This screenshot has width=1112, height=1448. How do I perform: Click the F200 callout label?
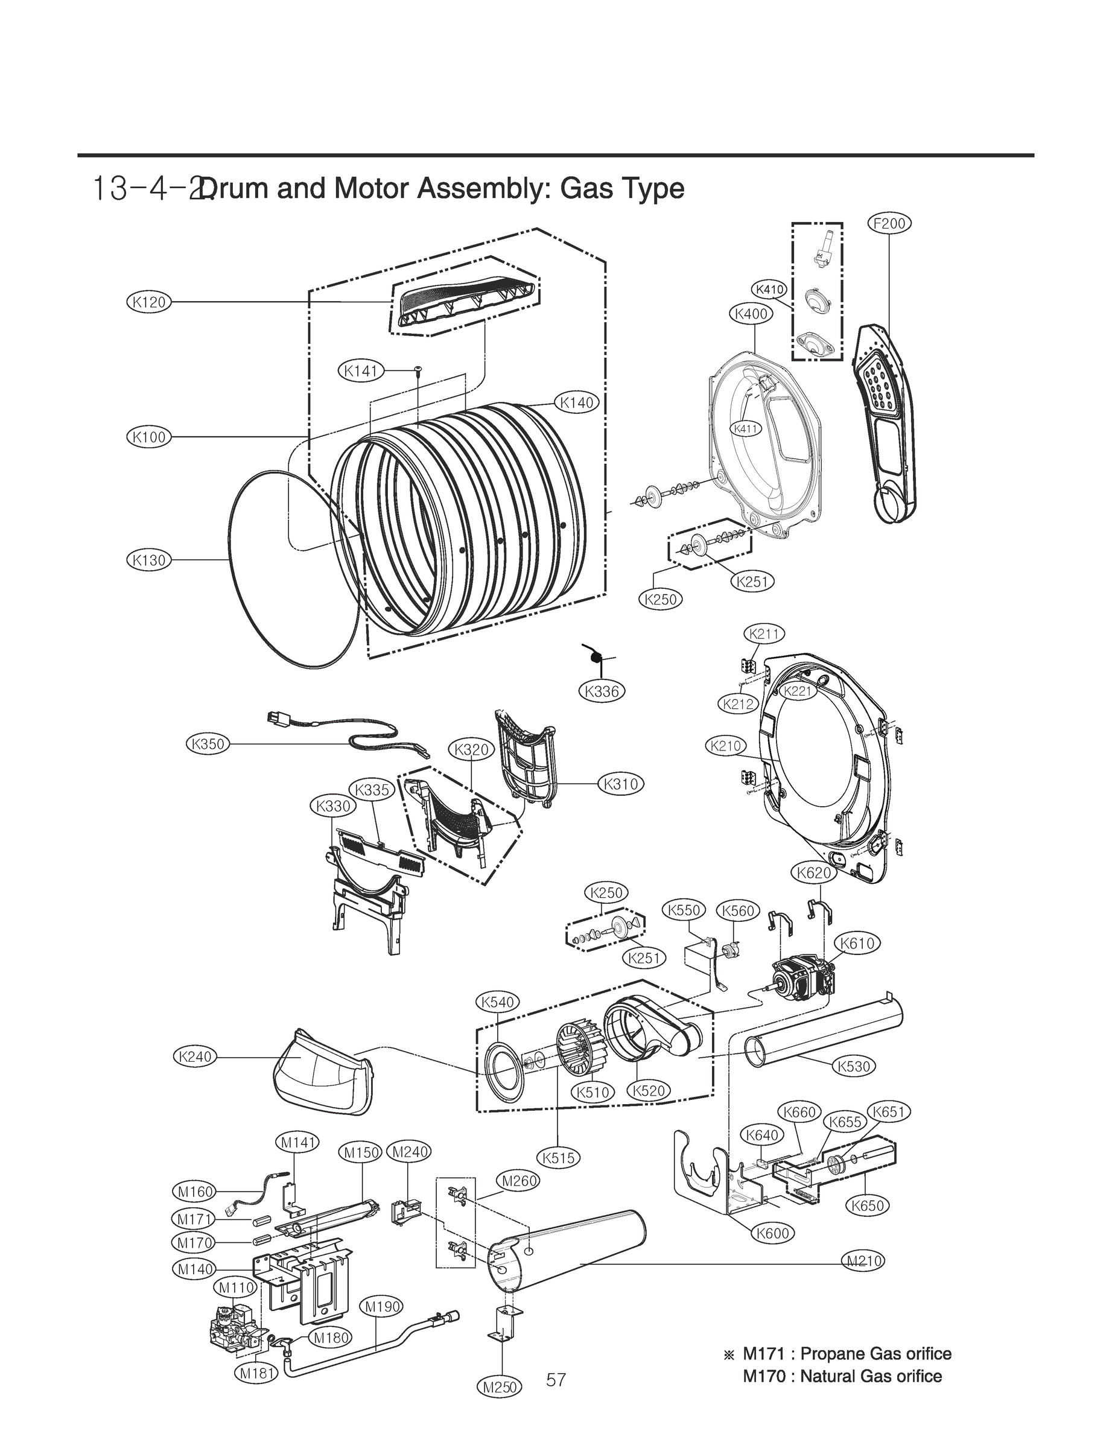pos(889,224)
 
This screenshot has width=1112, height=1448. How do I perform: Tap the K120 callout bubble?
pos(149,302)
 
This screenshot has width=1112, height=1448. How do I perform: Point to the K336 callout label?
pos(602,691)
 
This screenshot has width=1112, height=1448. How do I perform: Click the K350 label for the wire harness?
pos(207,744)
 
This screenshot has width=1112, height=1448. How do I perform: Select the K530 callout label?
pos(853,1066)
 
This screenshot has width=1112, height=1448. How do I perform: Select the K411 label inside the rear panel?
pos(746,429)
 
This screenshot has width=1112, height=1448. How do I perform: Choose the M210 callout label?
pos(864,1261)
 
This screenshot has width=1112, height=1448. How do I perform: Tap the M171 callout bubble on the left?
pos(194,1218)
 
